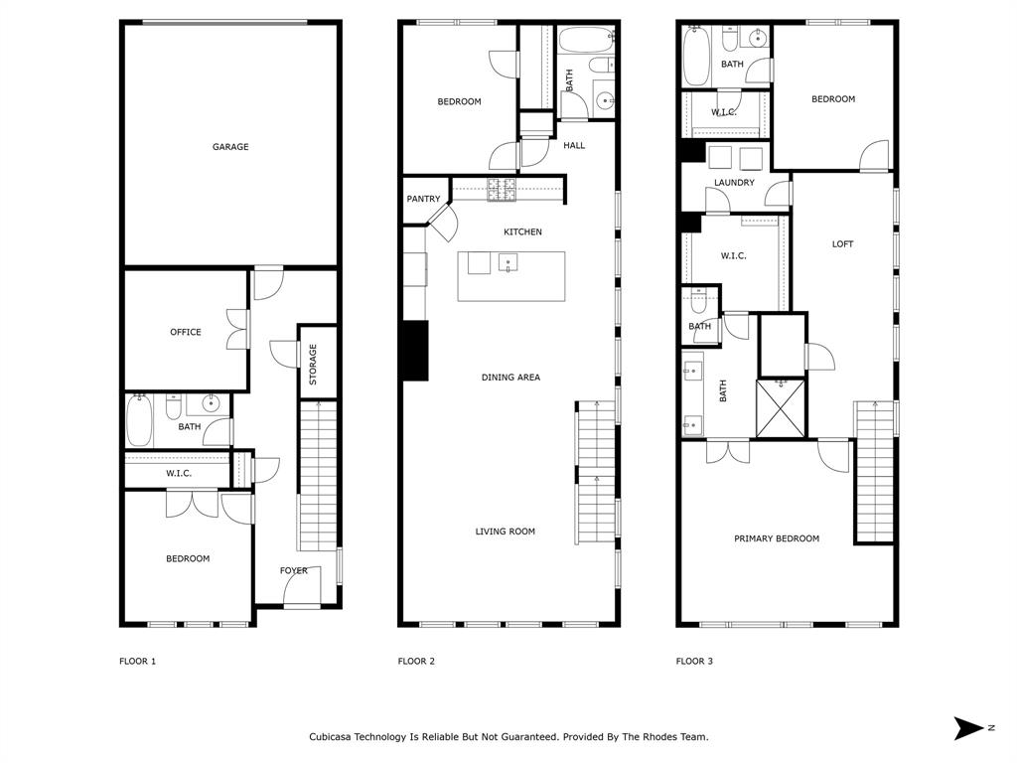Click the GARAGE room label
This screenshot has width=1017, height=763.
(x=230, y=147)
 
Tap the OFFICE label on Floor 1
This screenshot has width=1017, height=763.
(x=186, y=332)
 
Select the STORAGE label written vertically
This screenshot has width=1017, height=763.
(x=313, y=365)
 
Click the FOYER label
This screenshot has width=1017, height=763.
(x=294, y=570)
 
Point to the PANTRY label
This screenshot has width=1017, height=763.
(x=423, y=200)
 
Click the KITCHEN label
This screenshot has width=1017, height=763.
(x=522, y=232)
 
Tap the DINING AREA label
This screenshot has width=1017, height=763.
(x=510, y=378)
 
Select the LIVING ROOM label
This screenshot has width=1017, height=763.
(x=505, y=532)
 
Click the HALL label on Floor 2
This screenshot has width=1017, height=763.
(x=574, y=145)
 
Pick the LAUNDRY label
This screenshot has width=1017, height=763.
(x=734, y=183)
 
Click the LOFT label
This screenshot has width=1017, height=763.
(x=842, y=244)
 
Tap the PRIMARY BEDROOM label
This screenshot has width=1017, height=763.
(x=777, y=538)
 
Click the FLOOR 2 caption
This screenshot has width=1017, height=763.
(x=416, y=662)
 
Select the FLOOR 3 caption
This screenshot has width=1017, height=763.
(x=694, y=662)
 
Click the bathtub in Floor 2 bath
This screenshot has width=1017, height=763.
(x=587, y=41)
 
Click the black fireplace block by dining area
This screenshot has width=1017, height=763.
(x=414, y=351)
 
